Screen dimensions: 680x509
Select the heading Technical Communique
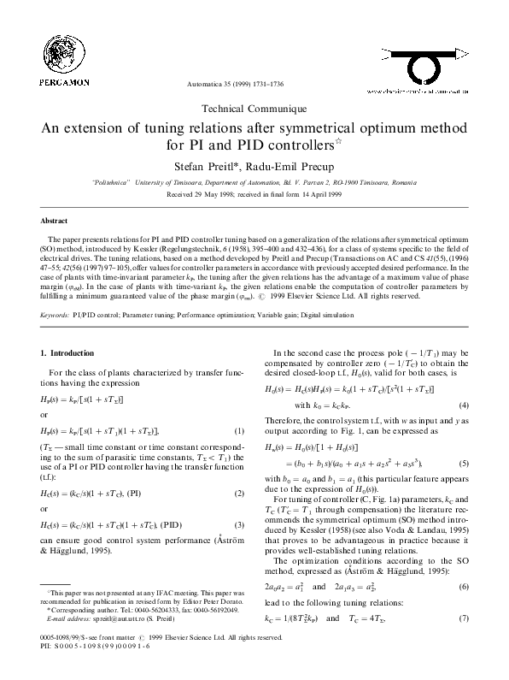[254, 109]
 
